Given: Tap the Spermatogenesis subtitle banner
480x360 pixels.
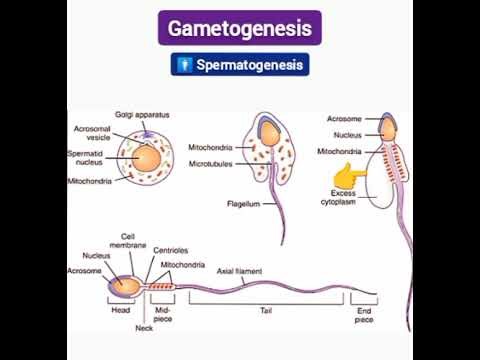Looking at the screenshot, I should click(239, 66).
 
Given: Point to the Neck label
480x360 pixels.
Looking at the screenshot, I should click(144, 329).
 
